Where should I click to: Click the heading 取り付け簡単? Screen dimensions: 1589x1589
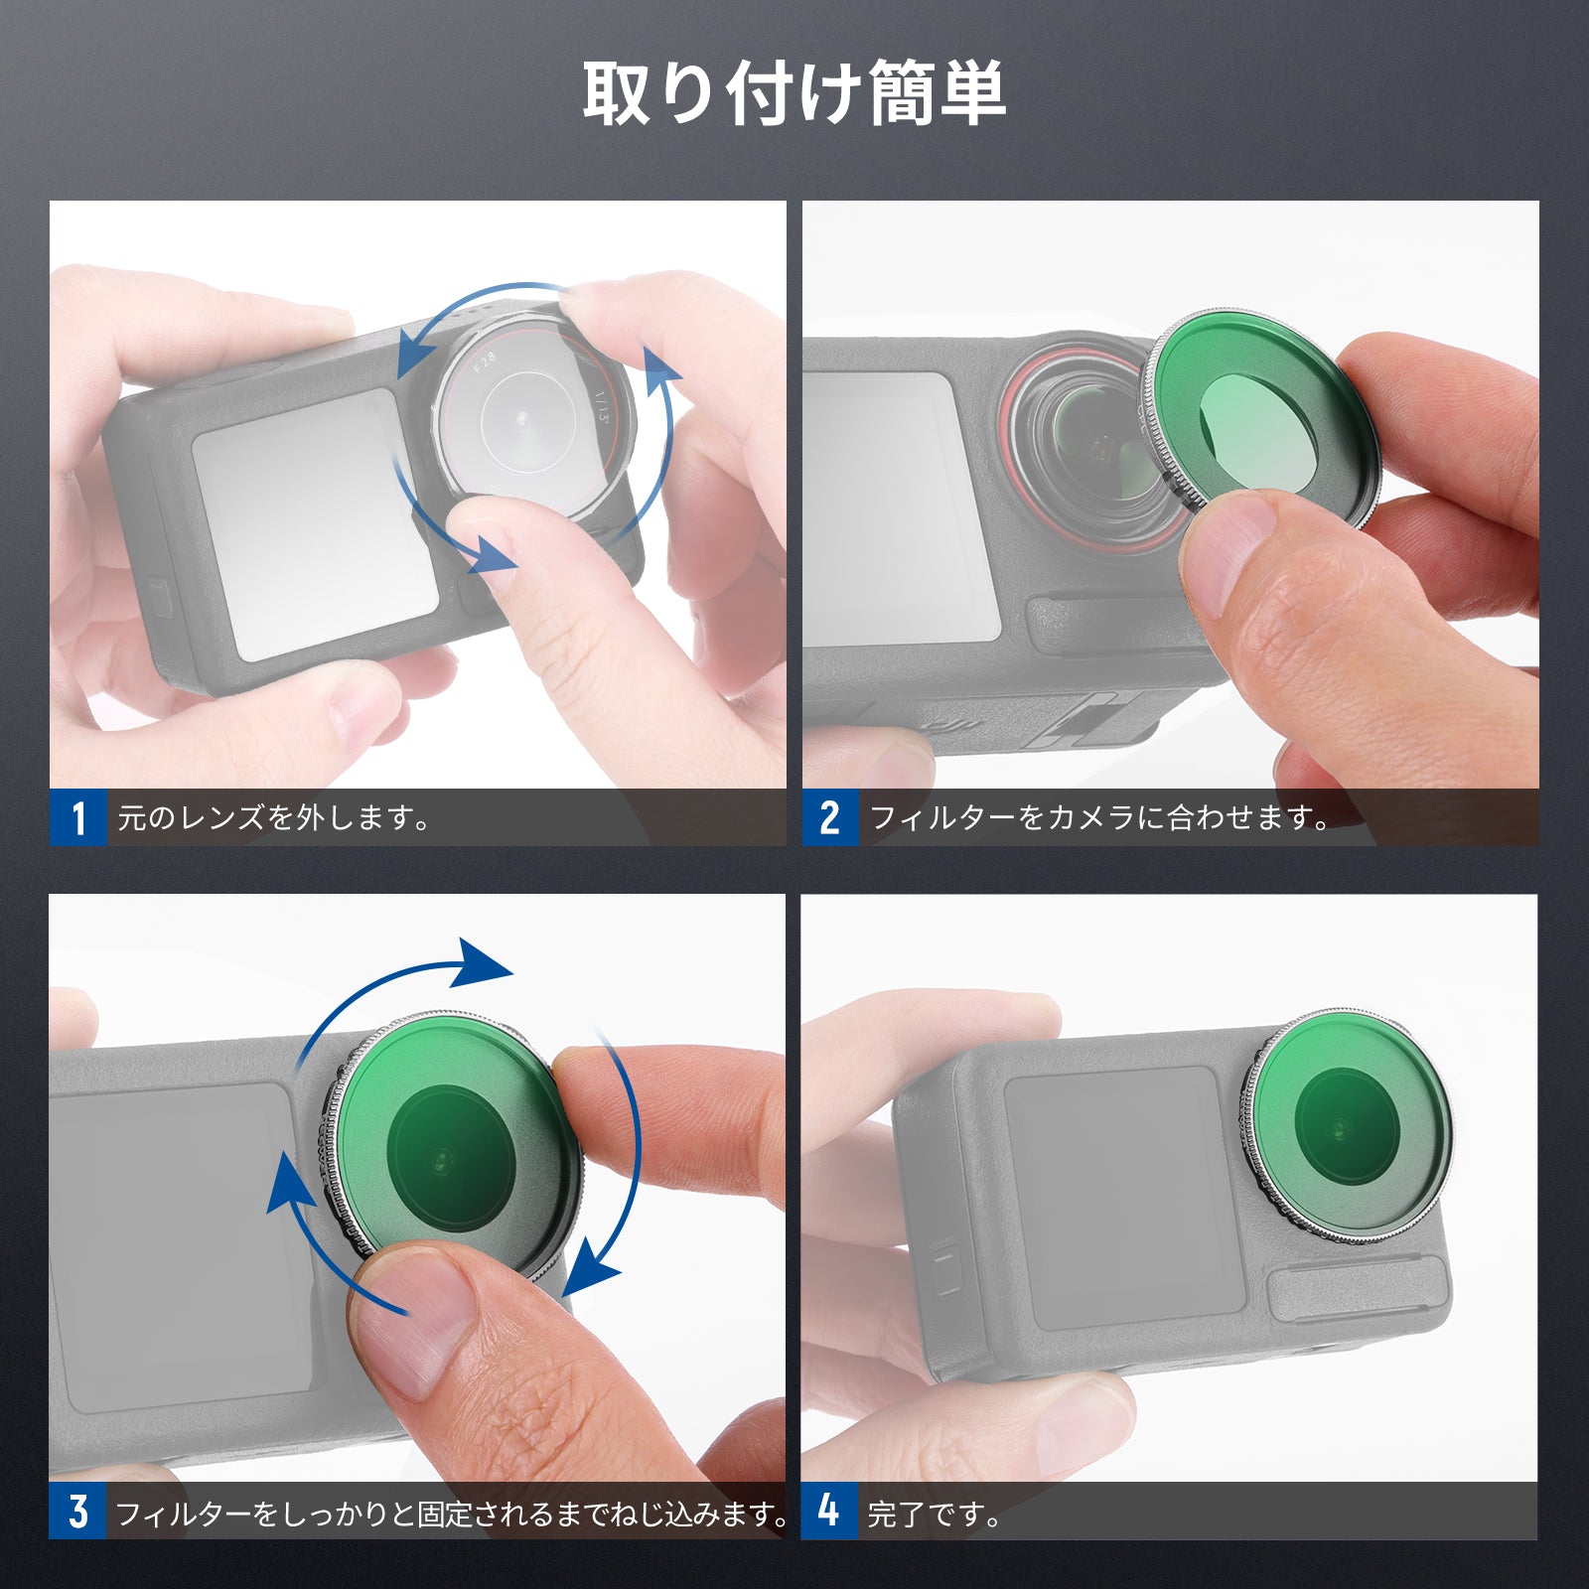(x=794, y=93)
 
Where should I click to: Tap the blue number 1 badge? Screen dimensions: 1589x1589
(x=78, y=818)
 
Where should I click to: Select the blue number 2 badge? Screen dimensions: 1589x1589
(x=830, y=818)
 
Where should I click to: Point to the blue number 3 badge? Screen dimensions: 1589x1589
(x=77, y=1512)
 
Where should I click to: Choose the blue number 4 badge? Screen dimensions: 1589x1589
(x=829, y=1512)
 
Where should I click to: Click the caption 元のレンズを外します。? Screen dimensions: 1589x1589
(x=274, y=818)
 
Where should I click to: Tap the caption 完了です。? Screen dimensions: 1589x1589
(x=935, y=1515)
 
